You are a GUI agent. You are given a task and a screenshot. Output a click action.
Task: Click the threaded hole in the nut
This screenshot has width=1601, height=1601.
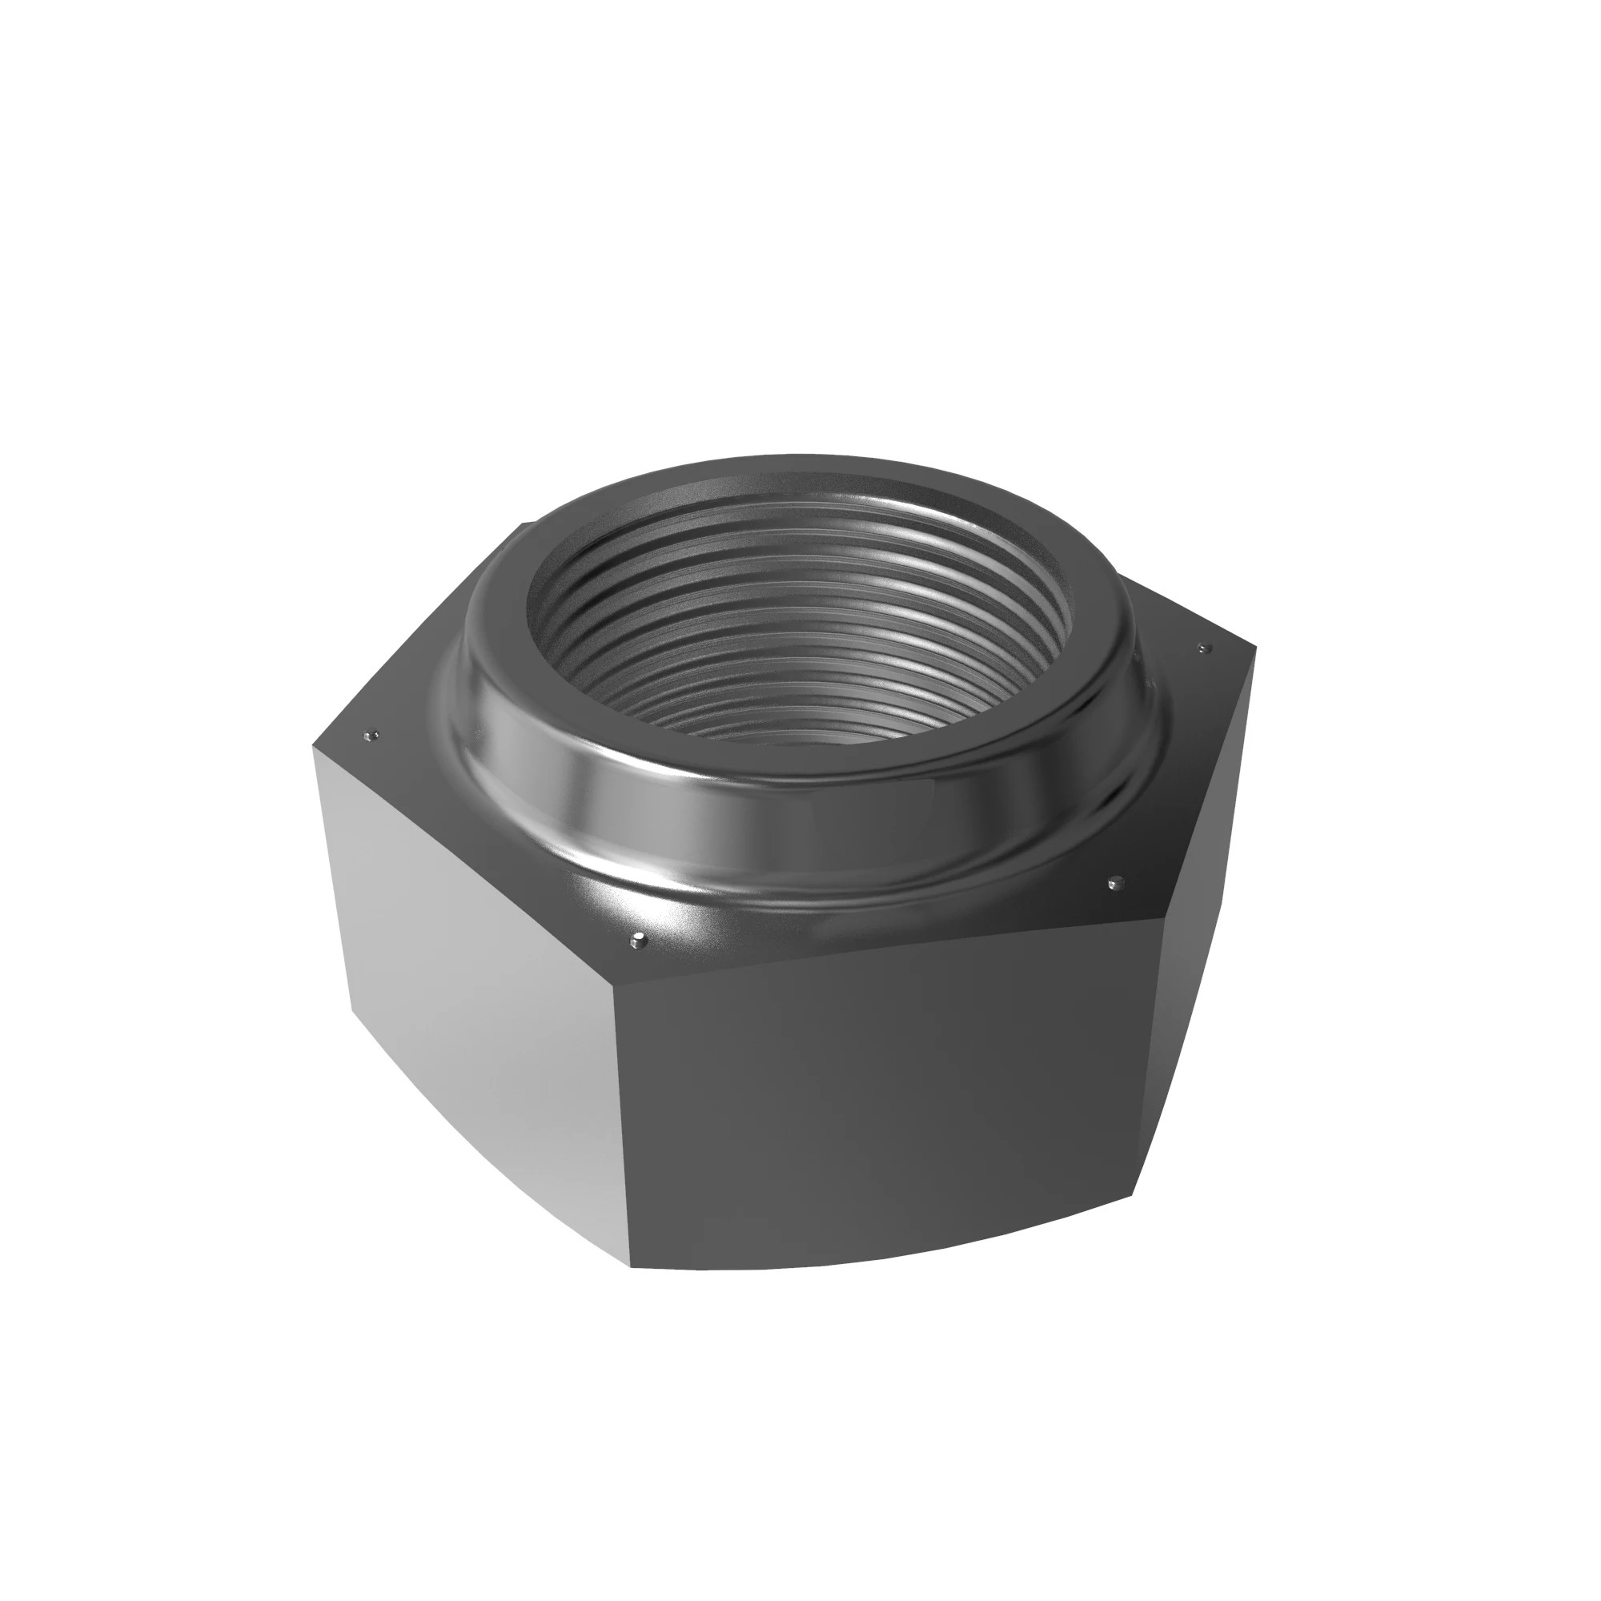[x=800, y=630]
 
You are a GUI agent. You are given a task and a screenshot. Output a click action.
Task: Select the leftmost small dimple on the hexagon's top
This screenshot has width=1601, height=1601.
[x=371, y=733]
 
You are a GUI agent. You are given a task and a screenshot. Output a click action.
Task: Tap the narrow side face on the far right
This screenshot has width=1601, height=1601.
[x=1194, y=953]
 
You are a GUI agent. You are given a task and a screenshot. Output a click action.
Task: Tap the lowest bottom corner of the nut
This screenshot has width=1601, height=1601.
[x=632, y=1290]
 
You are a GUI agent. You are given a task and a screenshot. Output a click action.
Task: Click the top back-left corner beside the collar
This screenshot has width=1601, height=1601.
[x=522, y=524]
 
